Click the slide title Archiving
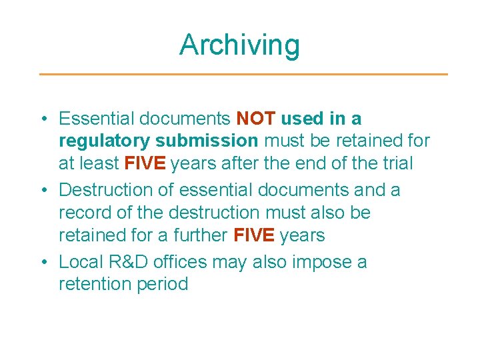240,45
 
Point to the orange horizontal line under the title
243,74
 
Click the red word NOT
256,119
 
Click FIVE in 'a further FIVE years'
254,235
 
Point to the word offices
186,262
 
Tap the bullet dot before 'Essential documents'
43,119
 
